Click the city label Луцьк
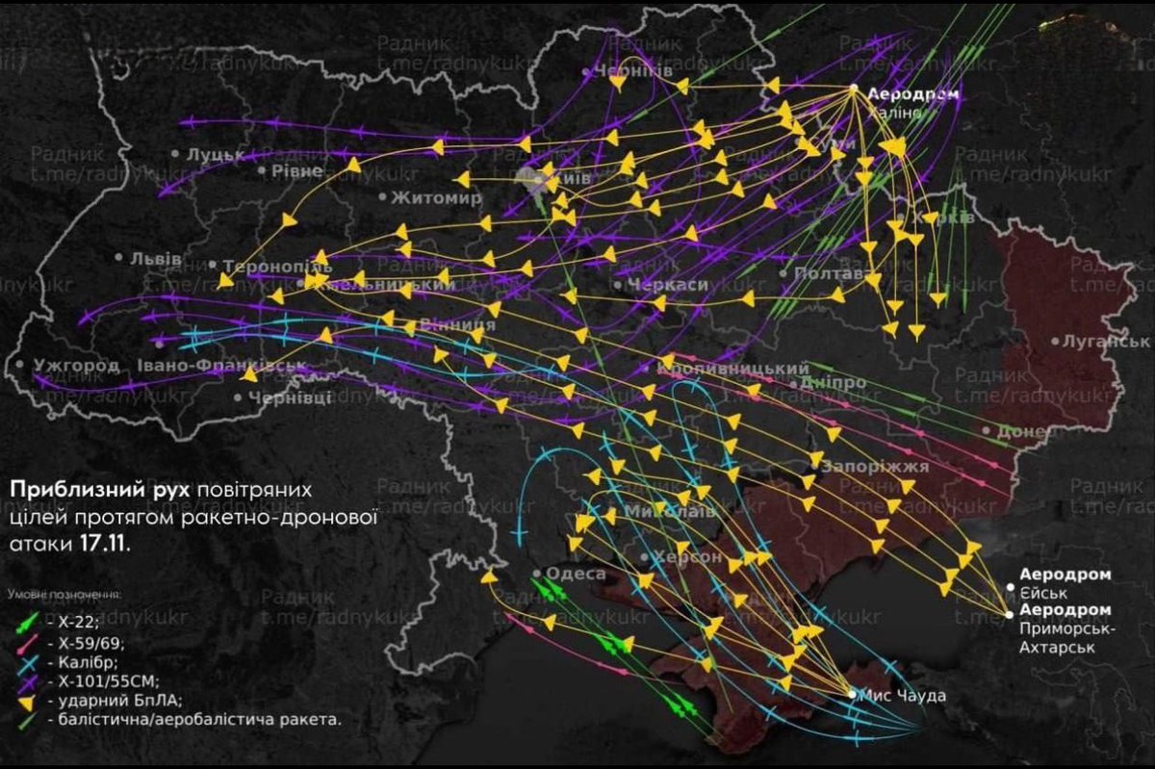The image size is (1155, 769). [x=209, y=154]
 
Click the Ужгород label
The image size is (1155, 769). [x=76, y=366]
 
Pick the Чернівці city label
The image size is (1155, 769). [x=290, y=397]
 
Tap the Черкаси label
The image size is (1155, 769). [x=666, y=286]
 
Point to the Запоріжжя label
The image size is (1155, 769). [x=874, y=467]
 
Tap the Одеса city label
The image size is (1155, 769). [x=576, y=575]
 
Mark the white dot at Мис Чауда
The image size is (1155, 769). [x=852, y=693]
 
